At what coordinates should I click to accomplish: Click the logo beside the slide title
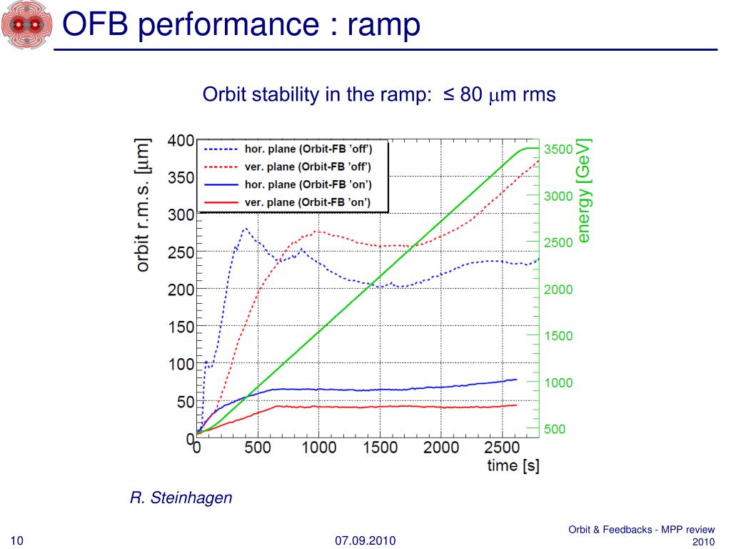(27, 26)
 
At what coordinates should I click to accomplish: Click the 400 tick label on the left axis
(181, 140)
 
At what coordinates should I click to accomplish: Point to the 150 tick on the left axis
(181, 327)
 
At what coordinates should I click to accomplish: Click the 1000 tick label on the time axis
(318, 447)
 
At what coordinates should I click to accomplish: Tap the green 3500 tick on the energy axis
(558, 149)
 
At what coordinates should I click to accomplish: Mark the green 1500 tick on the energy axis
(558, 336)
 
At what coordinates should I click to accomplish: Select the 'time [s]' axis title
(513, 466)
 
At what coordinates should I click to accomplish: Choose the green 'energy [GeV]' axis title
(585, 191)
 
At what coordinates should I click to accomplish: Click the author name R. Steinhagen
(181, 498)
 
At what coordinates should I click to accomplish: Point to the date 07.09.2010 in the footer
(364, 540)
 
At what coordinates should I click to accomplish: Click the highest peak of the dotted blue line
(245, 229)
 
